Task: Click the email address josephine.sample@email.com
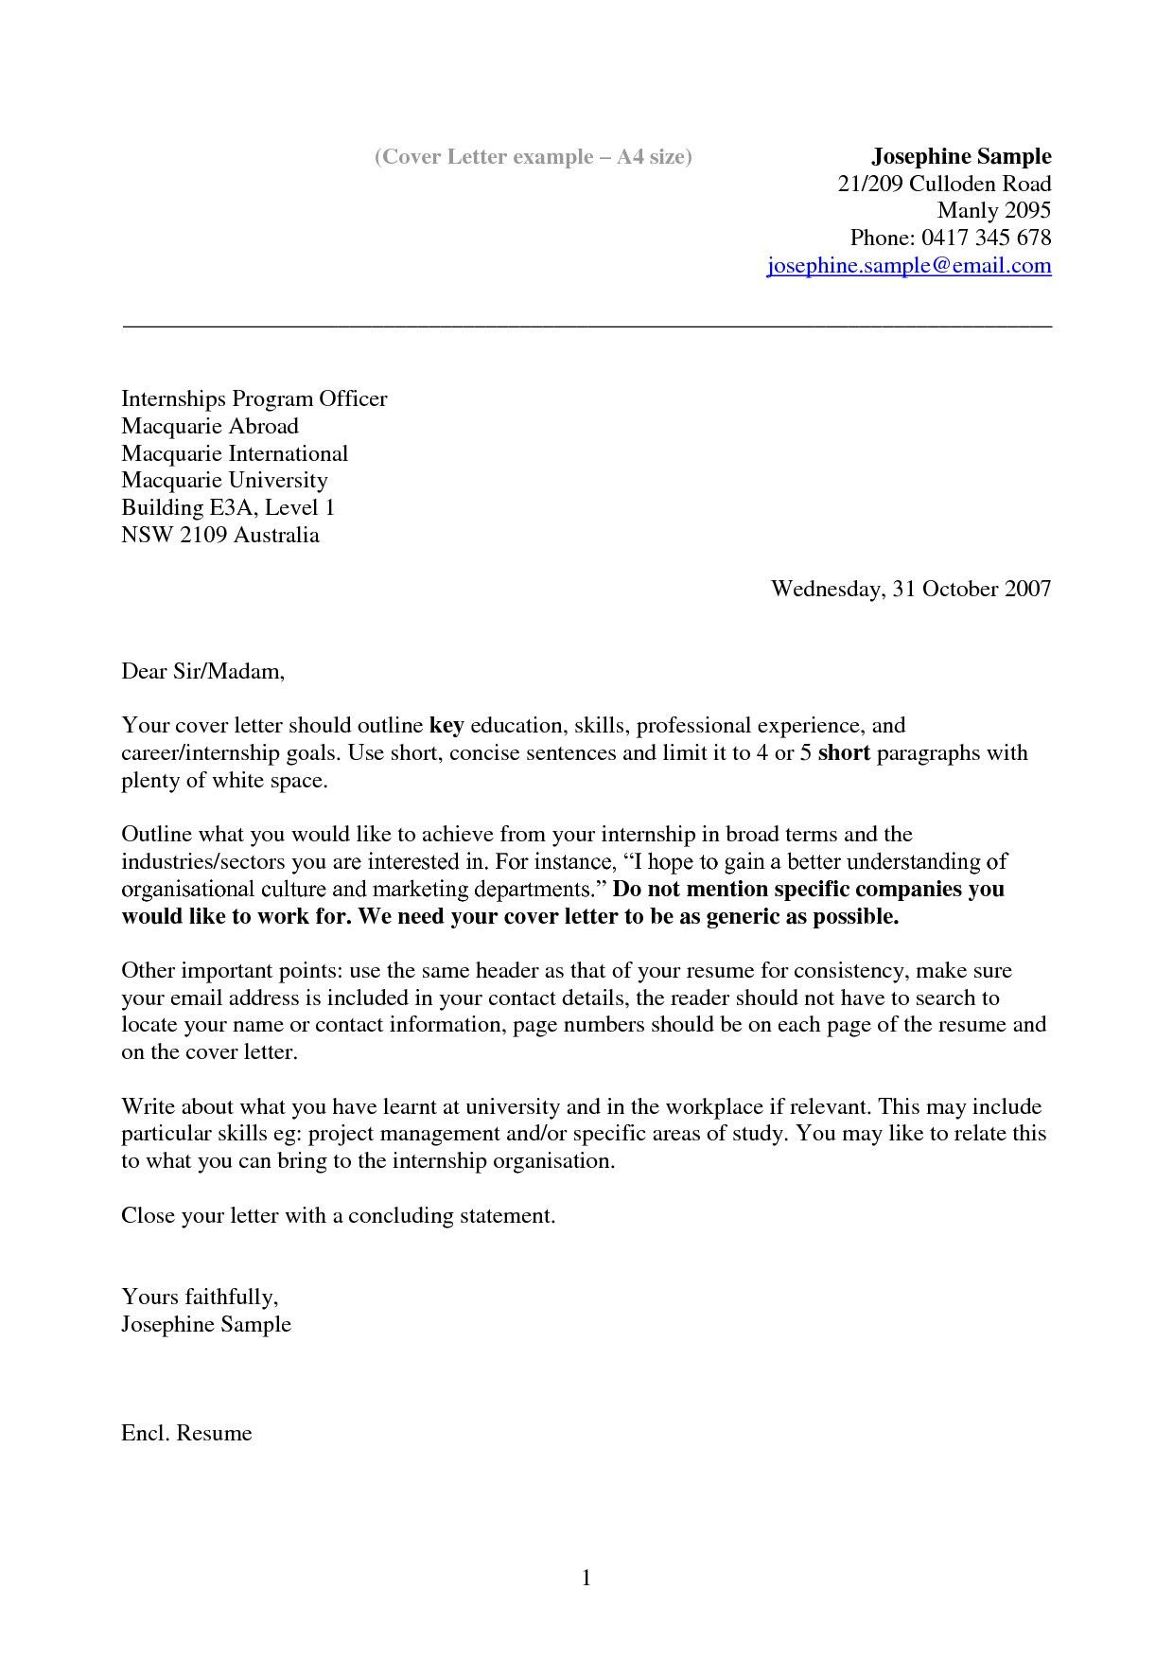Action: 908,266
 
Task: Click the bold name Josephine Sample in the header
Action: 960,156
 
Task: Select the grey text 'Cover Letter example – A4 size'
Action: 533,157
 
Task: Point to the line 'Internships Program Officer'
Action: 254,398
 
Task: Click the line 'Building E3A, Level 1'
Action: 228,507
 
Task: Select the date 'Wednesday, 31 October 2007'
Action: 910,589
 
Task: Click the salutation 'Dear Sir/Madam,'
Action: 202,672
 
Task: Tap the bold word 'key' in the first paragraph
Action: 446,726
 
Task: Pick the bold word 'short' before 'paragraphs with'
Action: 843,753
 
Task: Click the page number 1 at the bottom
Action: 586,1577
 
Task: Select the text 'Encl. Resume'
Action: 186,1433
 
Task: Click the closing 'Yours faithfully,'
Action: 199,1297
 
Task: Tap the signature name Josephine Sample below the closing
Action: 205,1324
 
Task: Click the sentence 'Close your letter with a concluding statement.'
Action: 338,1215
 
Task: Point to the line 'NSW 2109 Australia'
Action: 219,535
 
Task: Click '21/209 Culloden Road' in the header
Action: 944,184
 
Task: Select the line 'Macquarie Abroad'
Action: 209,426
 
